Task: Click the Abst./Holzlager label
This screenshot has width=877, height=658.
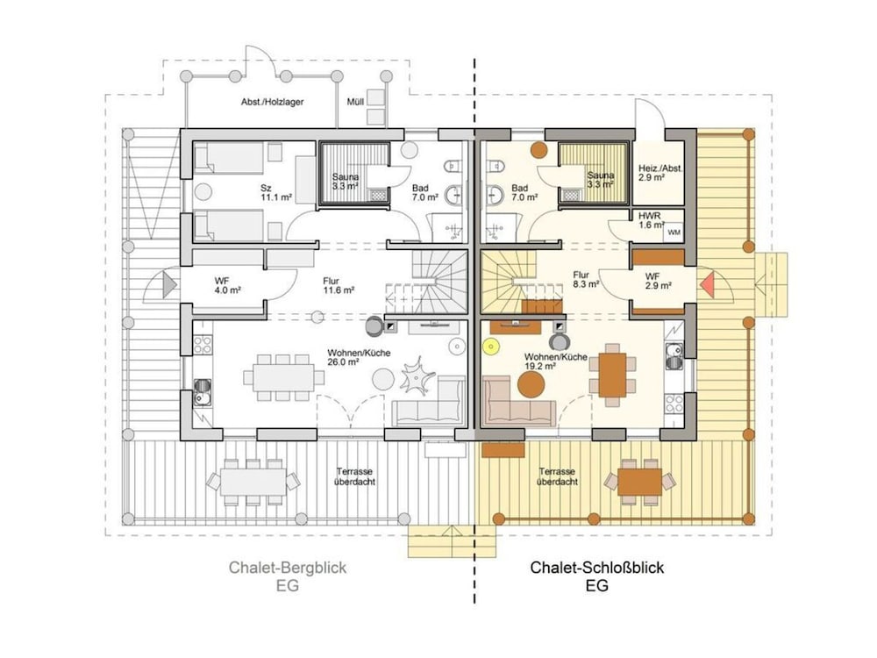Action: point(273,102)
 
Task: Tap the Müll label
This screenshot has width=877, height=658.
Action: point(356,102)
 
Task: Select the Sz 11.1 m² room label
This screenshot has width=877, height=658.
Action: point(276,192)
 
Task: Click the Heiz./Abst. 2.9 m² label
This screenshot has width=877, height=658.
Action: point(660,172)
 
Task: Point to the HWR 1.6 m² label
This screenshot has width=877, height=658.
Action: point(651,220)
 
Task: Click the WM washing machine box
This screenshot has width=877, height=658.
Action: point(674,232)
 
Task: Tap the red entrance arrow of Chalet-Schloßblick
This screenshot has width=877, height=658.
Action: point(706,284)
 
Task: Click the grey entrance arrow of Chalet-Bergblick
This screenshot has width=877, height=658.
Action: point(169,284)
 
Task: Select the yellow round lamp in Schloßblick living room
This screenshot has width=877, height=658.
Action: point(491,347)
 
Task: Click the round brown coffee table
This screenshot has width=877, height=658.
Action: point(531,384)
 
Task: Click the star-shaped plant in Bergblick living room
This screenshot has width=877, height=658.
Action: point(417,376)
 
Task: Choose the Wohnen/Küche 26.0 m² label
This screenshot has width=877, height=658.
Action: point(359,357)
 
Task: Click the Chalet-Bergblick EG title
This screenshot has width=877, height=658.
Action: point(288,576)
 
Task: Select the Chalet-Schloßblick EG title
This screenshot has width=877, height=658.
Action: point(596,576)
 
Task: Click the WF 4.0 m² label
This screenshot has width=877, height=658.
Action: point(227,285)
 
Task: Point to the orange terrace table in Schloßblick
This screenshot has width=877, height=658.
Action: point(639,482)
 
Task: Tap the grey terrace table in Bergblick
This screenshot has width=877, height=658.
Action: point(253,482)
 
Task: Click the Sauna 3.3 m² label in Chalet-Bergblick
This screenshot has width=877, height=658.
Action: point(345,182)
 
